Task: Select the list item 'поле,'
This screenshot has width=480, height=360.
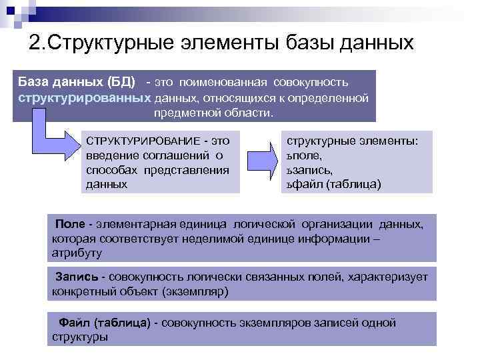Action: [307, 155]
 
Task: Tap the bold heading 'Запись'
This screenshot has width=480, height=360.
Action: [77, 276]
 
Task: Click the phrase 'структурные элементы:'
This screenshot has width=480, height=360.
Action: [352, 141]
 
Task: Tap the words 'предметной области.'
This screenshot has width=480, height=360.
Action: [213, 113]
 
